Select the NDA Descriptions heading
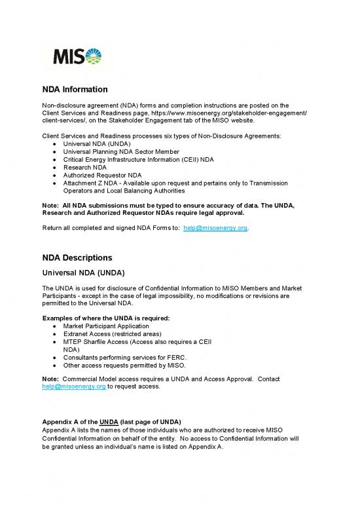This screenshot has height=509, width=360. click(x=78, y=257)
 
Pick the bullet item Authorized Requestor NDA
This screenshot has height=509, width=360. click(x=102, y=176)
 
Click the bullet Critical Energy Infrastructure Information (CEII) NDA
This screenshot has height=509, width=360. click(x=145, y=160)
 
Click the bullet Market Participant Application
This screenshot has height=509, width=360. click(x=112, y=326)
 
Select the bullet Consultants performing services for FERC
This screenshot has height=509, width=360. click(x=125, y=358)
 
